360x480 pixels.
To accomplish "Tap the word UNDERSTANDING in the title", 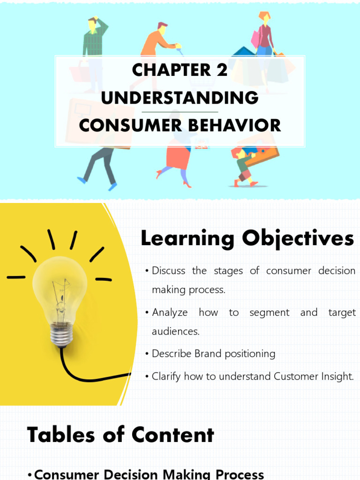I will (180, 98).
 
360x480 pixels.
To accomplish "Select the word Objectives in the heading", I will (298, 239).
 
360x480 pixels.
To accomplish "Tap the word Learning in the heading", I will (187, 239).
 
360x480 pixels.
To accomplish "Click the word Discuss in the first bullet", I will (169, 271).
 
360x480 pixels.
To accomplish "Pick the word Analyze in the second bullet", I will (170, 312).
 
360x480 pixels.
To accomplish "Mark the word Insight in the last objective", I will (337, 376).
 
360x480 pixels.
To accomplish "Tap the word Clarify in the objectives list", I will (166, 376).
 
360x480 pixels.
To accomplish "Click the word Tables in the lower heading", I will (60, 435).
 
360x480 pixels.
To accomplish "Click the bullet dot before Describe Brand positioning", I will (147, 354).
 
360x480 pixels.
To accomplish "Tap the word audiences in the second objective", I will (175, 331).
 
